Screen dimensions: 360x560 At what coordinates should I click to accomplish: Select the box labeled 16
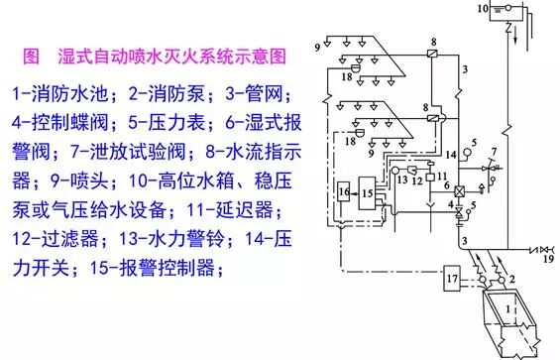[x=345, y=190]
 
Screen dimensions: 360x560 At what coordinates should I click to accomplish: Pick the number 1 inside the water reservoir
[x=510, y=308]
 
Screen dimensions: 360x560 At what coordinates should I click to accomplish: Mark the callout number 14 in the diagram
[x=449, y=156]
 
